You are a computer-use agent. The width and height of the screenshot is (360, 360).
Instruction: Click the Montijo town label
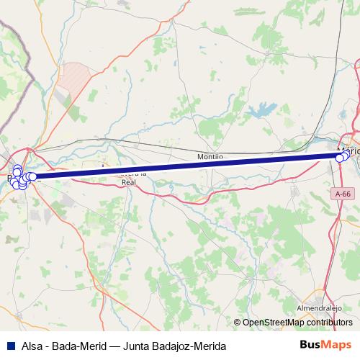210,156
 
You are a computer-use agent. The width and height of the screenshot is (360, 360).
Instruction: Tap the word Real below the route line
129,183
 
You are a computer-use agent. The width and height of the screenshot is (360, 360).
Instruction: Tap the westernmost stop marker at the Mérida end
340,157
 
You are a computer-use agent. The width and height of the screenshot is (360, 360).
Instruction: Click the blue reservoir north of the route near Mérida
261,110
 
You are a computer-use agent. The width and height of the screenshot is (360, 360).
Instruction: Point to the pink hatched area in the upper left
75,74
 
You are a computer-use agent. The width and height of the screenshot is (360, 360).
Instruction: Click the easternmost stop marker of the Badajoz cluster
33,176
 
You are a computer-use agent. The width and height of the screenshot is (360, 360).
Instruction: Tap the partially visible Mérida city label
348,149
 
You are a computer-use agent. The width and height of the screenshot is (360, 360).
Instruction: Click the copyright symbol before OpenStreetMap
237,323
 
